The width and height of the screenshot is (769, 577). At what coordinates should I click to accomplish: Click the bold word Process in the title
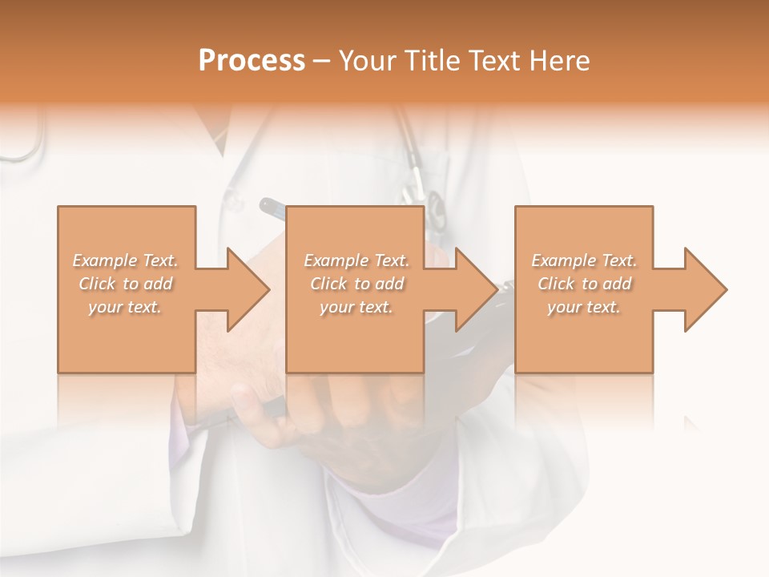coord(252,61)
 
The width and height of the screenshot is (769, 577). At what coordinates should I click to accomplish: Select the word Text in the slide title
coord(494,61)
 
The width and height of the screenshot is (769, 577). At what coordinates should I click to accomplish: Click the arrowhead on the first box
coord(247,289)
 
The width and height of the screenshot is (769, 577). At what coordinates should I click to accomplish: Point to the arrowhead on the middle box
coord(475,289)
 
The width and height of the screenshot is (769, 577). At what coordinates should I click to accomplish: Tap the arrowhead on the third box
coord(704,289)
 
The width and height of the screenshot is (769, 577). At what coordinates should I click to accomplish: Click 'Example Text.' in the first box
coord(126,260)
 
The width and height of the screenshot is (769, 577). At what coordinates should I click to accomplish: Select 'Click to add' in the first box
coord(126,284)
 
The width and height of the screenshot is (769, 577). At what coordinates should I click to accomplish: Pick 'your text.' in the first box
coord(126,307)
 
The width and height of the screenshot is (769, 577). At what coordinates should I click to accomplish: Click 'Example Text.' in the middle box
coord(356,260)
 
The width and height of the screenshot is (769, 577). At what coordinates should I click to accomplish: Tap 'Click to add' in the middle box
coord(356,284)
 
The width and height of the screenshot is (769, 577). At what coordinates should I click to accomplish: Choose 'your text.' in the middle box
coord(356,307)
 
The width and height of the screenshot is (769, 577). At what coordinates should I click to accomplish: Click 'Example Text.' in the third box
coord(584,260)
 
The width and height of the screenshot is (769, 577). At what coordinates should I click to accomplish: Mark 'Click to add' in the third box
coord(584,284)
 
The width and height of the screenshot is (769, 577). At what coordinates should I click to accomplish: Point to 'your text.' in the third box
coord(584,307)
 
